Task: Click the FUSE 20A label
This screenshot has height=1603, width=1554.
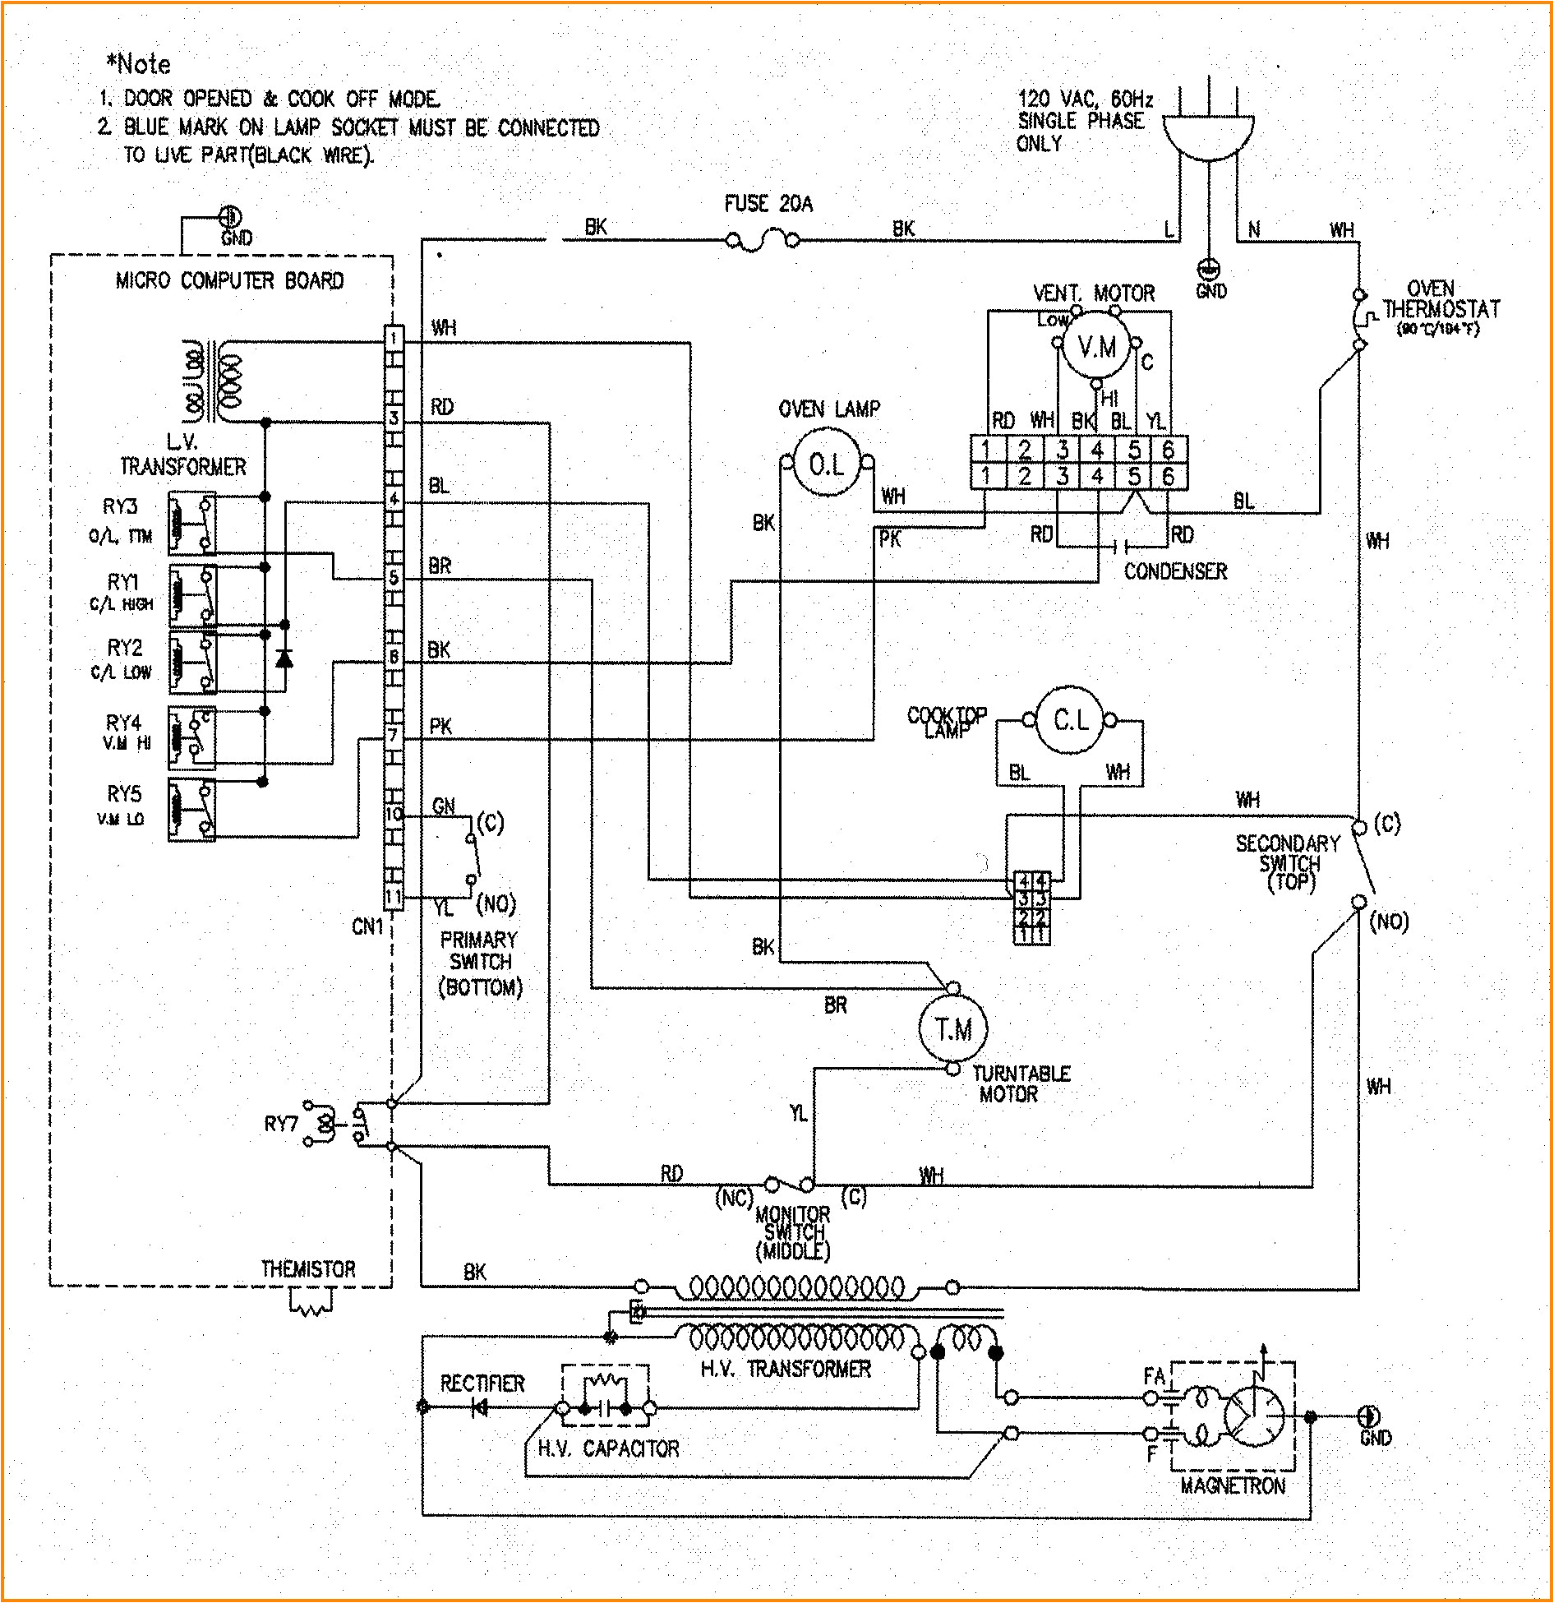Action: (x=768, y=204)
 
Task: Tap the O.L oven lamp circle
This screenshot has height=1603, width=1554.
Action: (x=826, y=464)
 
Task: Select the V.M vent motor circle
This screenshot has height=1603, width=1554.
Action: (x=1096, y=347)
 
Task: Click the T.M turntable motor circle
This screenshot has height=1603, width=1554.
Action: (x=952, y=1028)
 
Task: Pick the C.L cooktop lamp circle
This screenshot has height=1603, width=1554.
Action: (x=1070, y=721)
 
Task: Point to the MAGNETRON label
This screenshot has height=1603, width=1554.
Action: (x=1232, y=1485)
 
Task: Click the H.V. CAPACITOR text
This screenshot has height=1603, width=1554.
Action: (x=608, y=1448)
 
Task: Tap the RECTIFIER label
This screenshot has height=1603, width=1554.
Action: (x=482, y=1384)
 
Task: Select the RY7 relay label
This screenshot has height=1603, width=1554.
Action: (x=280, y=1123)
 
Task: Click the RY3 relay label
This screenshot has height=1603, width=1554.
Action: (x=120, y=506)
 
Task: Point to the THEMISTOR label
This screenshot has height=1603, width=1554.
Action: (x=308, y=1269)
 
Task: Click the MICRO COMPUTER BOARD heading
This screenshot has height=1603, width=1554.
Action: (x=229, y=280)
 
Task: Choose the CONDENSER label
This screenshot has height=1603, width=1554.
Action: (x=1175, y=571)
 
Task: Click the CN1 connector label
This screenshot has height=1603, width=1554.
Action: (x=367, y=927)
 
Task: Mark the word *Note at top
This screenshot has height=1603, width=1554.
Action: (x=138, y=63)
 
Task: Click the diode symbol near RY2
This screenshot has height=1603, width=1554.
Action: (x=284, y=657)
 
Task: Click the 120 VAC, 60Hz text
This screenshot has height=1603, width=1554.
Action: (x=1085, y=99)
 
